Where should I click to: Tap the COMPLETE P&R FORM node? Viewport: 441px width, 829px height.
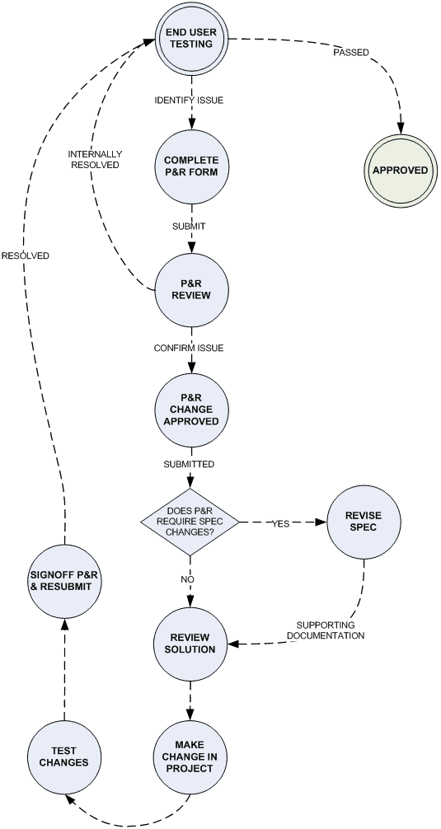pos(191,165)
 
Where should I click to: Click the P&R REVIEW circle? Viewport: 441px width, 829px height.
pos(191,290)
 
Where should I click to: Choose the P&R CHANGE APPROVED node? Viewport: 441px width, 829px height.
pos(191,409)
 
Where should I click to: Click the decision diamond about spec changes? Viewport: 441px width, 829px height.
pos(191,522)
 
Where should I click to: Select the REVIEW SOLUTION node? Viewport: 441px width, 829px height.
pos(191,643)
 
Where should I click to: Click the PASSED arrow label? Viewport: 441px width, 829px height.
pos(350,53)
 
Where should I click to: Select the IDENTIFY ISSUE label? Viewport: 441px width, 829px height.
pos(190,101)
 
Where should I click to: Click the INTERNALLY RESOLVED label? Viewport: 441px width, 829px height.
pos(95,159)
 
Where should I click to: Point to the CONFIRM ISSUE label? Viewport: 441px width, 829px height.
pos(189,349)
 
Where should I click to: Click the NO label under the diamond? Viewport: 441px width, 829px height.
pos(187,580)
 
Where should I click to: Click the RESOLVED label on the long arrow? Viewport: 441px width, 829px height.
pos(25,255)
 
